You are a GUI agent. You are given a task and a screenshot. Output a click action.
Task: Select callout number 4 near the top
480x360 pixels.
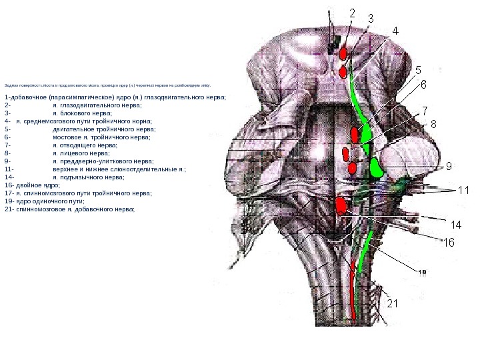tap(395, 31)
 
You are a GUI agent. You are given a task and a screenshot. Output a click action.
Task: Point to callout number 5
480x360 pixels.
tap(418, 69)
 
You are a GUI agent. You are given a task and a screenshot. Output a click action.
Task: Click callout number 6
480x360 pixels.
tap(423, 85)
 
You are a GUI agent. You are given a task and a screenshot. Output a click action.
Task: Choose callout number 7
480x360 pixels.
tap(425, 110)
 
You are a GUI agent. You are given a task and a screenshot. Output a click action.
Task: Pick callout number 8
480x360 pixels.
tap(433, 124)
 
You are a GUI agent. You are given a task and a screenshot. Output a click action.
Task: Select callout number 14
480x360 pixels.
tap(457, 223)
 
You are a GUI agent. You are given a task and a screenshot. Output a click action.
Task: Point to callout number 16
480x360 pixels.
tap(449, 243)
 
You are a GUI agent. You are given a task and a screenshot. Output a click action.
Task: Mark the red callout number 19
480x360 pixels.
tap(421, 272)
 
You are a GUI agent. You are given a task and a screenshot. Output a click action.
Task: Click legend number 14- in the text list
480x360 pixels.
tap(9, 177)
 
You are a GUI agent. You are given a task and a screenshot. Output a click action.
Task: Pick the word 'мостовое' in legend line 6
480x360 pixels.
tap(67, 137)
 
